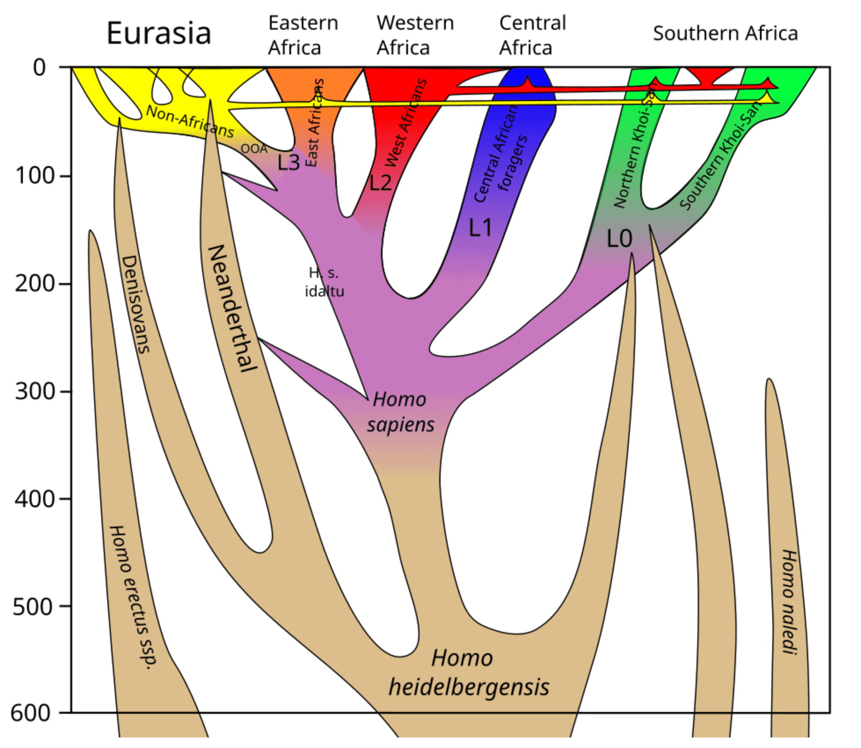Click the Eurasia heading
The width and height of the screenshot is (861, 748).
coord(159,33)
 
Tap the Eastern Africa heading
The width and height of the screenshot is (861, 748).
coord(303,35)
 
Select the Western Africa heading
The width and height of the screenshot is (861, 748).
coord(415,35)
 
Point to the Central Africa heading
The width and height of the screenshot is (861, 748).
coord(532,35)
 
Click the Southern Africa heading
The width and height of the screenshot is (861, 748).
coord(725,33)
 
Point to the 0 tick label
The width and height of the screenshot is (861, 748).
coord(40,68)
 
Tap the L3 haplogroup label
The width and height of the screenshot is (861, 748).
coord(288,163)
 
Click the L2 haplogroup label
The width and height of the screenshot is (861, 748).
coord(380,182)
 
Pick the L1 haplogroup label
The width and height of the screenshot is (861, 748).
coord(480,228)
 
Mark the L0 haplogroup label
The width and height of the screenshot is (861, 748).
coord(619,239)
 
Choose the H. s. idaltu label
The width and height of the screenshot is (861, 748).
coord(324,282)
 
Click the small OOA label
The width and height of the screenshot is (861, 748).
coord(254,149)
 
